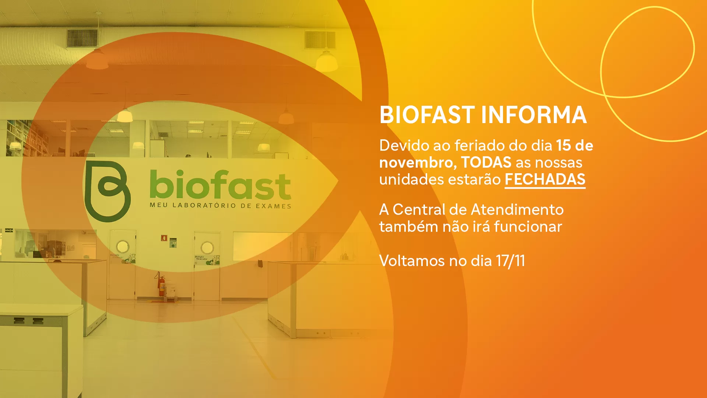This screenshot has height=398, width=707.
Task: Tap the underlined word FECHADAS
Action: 545,180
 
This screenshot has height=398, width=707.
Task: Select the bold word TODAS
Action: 486,162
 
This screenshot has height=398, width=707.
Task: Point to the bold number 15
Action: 563,145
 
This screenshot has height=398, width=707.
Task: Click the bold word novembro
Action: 418,163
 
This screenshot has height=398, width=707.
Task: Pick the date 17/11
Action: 510,261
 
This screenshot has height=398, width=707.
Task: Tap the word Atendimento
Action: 517,209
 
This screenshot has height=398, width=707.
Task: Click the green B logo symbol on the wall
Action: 108,191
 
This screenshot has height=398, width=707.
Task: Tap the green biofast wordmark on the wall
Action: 220,184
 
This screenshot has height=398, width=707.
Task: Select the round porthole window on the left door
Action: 123,247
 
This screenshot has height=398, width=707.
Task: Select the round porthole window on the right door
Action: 207,248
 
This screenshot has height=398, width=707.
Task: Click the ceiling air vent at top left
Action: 82,38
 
